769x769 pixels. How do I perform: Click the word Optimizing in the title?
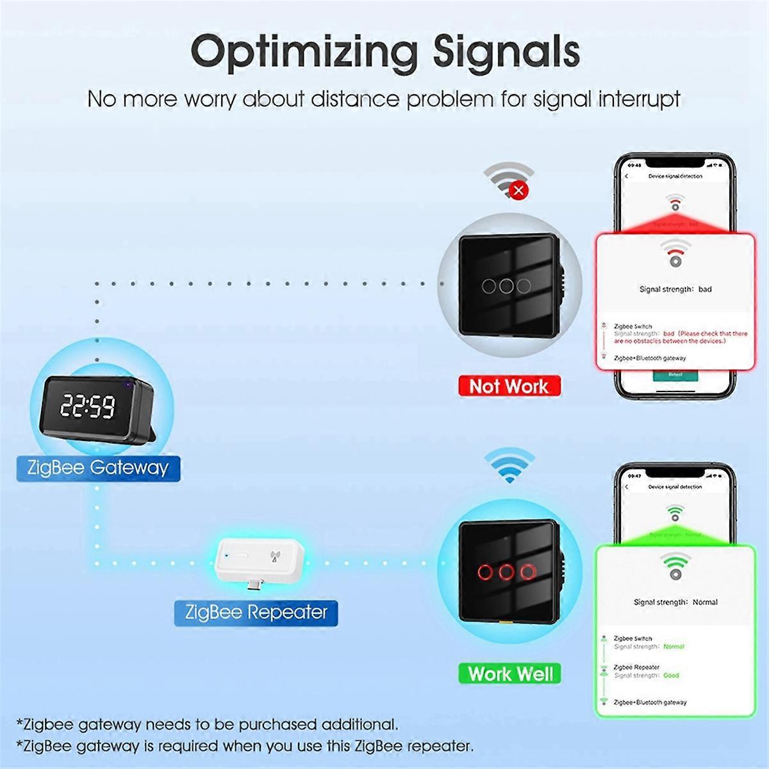coord(304,53)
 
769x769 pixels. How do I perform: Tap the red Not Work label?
coord(509,386)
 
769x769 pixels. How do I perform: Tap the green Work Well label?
coord(510,674)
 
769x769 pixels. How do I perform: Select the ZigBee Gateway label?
coord(98,467)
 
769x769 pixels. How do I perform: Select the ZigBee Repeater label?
coord(256,612)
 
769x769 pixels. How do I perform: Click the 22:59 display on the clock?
coord(88,406)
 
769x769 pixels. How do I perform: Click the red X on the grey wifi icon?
coord(519,190)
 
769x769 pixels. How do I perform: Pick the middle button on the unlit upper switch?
coord(507,286)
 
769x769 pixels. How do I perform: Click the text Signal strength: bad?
coord(675,289)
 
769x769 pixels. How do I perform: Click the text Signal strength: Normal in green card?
coord(675,602)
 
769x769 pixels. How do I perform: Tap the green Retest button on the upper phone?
coord(675,374)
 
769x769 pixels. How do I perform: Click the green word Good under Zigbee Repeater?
coord(671,675)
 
